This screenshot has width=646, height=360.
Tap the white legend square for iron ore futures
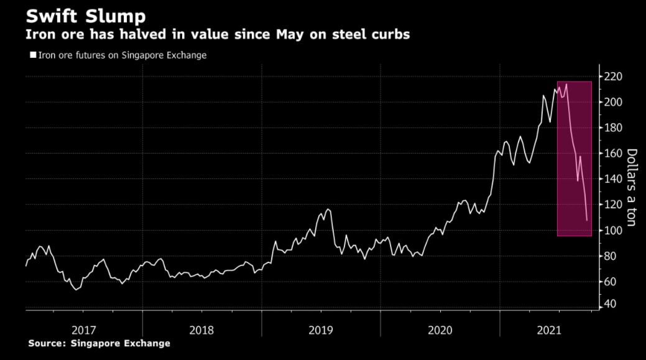33,55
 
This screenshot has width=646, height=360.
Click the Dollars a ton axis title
632,187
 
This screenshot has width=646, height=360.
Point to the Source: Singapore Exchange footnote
99,343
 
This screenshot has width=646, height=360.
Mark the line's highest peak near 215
566,84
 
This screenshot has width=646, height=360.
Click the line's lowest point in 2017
76,290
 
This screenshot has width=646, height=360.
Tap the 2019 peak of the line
328,210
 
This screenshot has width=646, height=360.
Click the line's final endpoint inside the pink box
587,220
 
